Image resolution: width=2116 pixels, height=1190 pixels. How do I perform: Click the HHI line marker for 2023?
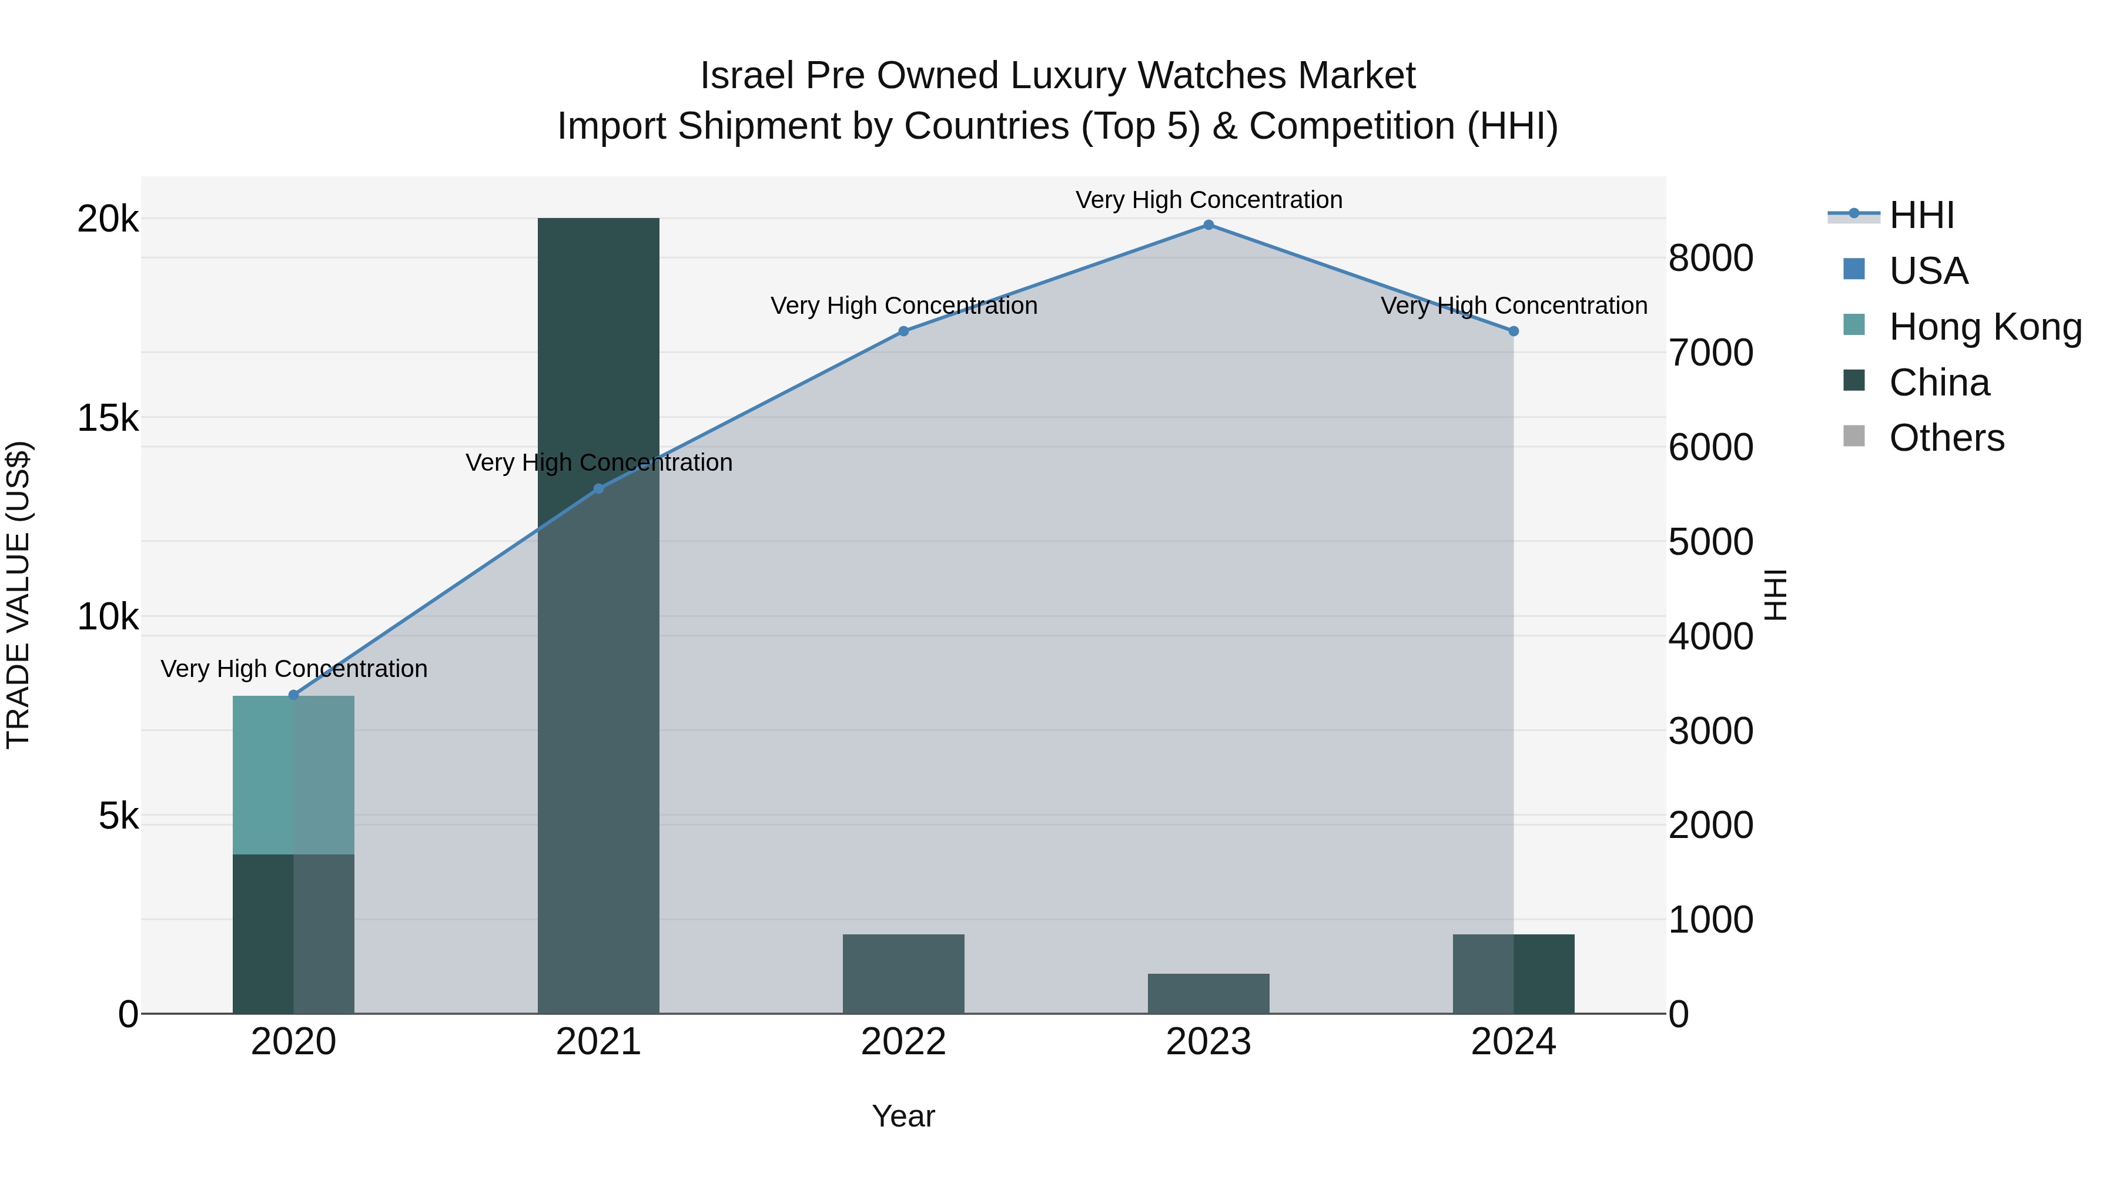(x=1208, y=225)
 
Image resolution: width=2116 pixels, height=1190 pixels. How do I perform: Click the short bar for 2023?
(x=1208, y=994)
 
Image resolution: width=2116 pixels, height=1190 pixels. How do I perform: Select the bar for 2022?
(x=903, y=974)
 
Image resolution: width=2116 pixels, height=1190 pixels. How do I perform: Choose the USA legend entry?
(x=1927, y=271)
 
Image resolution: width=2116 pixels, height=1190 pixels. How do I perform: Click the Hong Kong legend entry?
(x=1984, y=327)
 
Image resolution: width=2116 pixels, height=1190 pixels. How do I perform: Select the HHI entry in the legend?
(x=1920, y=215)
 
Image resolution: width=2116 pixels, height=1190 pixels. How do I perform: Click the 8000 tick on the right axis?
(x=1711, y=258)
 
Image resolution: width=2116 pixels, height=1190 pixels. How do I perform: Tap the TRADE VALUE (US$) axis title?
(x=18, y=595)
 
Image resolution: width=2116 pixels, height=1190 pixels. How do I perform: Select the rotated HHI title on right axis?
(x=1776, y=595)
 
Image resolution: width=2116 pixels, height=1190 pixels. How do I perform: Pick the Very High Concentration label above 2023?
(x=1208, y=200)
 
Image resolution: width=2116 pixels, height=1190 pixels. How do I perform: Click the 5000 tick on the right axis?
(x=1711, y=542)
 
